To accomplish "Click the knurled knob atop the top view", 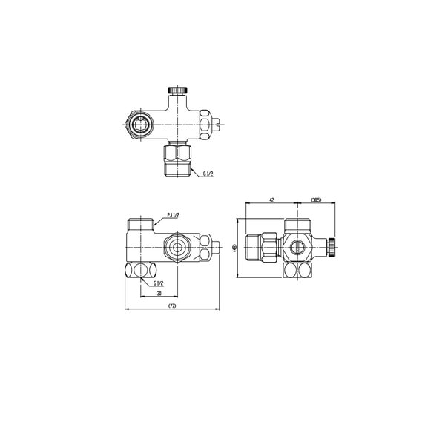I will pos(177,90).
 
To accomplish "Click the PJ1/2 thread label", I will pos(175,215).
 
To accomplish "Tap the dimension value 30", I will pos(159,294).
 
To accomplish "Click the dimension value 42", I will pos(271,200).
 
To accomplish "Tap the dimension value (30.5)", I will pos(314,200).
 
